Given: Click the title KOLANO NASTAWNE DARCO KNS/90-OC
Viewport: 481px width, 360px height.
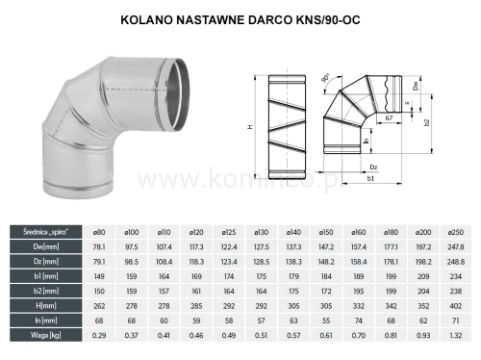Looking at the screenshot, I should coord(240,18).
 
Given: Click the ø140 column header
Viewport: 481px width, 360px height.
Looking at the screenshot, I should coord(294,231).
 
